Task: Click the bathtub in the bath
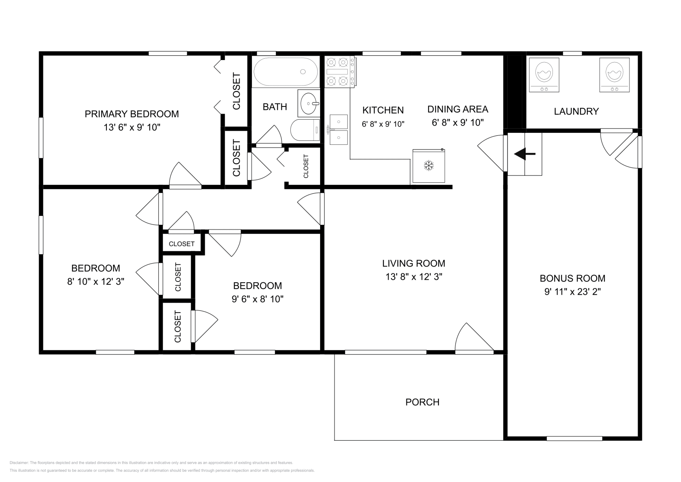pos(286,72)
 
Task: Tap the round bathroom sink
pos(309,103)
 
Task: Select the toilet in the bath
pos(305,130)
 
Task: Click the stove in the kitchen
pos(340,72)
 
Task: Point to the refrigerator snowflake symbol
pos(429,166)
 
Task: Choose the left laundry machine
pos(544,75)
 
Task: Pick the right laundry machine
pos(615,75)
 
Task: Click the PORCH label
pos(422,402)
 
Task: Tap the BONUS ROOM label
pos(572,278)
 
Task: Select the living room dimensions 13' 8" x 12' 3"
pos(414,277)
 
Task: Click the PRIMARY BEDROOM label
pos(132,114)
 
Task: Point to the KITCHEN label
pos(383,110)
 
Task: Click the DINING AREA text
pos(458,109)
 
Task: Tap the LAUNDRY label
pos(576,111)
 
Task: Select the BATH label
pos(275,107)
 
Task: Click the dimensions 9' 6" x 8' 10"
pos(258,299)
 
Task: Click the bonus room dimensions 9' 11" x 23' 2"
pos(572,292)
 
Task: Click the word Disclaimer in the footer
pos(19,463)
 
